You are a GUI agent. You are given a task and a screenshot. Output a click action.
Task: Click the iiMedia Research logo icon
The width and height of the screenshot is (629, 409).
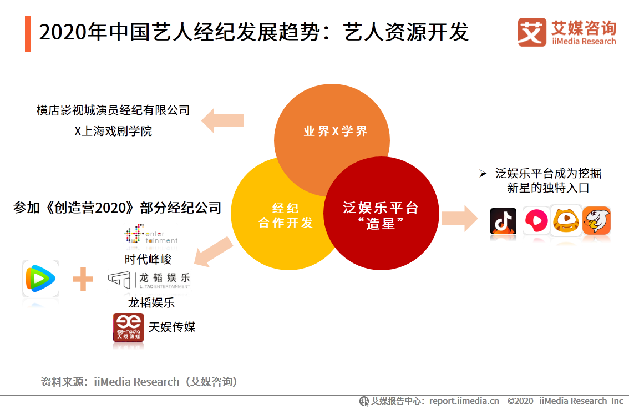pyautogui.click(x=532, y=32)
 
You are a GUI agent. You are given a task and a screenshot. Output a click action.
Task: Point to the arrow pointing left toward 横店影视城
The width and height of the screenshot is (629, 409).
pyautogui.click(x=222, y=120)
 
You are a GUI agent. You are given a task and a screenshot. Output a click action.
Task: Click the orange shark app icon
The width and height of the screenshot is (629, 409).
pyautogui.click(x=597, y=221)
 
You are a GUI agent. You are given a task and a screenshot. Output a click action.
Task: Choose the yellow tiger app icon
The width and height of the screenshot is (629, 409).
pyautogui.click(x=566, y=221)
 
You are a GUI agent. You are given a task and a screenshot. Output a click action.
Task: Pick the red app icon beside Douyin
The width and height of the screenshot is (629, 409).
pyautogui.click(x=535, y=221)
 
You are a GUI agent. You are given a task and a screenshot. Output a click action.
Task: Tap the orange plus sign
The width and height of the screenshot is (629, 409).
pyautogui.click(x=83, y=279)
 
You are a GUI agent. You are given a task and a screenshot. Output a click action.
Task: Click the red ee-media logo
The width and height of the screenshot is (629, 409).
pyautogui.click(x=128, y=327)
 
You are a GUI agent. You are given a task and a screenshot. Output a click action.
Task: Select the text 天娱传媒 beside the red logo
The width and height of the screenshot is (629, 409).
pyautogui.click(x=172, y=327)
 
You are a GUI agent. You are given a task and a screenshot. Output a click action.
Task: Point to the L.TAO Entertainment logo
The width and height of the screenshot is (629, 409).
pyautogui.click(x=149, y=280)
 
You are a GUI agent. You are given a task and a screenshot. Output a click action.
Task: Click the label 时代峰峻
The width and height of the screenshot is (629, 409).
pyautogui.click(x=148, y=259)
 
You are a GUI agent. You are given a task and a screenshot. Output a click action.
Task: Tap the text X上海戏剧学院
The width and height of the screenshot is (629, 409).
pyautogui.click(x=113, y=132)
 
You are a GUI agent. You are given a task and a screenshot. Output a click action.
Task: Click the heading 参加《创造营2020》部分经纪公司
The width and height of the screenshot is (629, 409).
pyautogui.click(x=117, y=209)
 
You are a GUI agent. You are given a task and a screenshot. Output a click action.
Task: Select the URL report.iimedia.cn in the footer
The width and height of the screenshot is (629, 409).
pyautogui.click(x=464, y=401)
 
